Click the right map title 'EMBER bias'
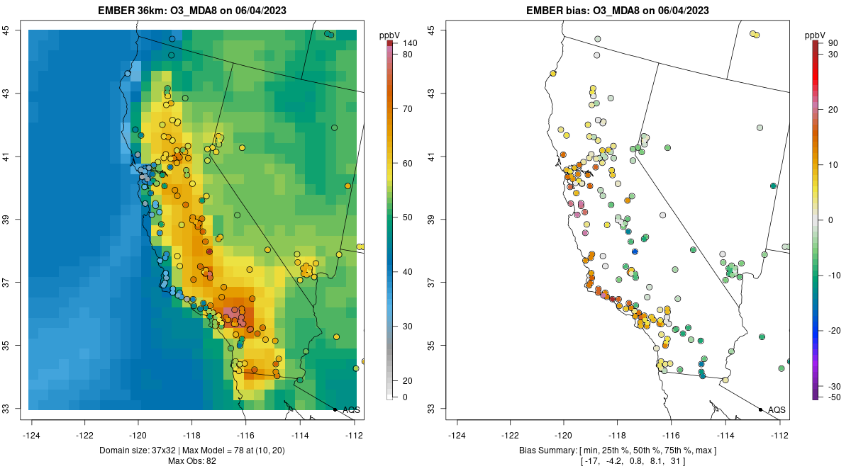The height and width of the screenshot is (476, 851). pos(554,11)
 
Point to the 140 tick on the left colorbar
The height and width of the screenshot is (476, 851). pos(409,43)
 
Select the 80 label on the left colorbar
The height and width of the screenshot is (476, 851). pos(408,55)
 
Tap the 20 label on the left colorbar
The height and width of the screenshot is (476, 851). pos(408,380)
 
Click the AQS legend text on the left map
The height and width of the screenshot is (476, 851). pos(351,409)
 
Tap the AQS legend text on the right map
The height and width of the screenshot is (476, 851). pos(777,409)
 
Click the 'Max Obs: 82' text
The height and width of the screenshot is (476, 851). pos(192,461)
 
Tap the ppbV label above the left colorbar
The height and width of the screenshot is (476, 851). pos(389,35)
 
